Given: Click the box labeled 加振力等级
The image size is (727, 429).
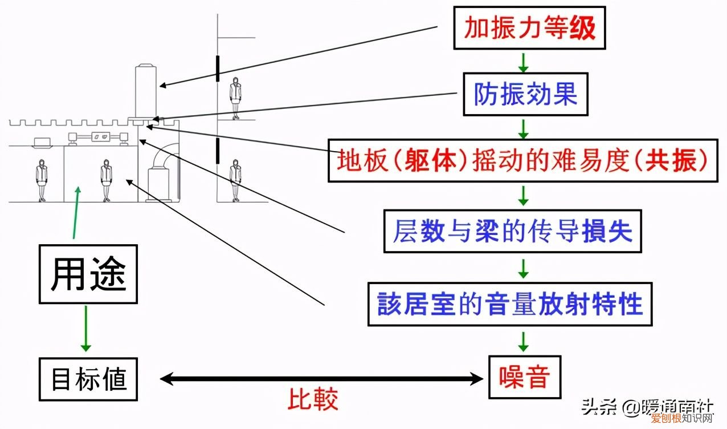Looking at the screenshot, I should [x=529, y=28].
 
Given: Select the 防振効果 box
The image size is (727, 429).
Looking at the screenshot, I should [x=525, y=94].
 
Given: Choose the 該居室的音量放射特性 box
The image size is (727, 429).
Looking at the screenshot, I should [x=510, y=304].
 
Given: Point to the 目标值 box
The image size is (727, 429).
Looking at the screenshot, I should [x=88, y=379].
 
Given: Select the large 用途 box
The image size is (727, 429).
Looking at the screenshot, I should [x=88, y=274].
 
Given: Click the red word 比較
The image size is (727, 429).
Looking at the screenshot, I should [x=312, y=399].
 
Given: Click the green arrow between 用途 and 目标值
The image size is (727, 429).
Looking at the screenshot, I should [x=86, y=329].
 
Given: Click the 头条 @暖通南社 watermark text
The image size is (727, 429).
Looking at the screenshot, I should [x=647, y=407].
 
